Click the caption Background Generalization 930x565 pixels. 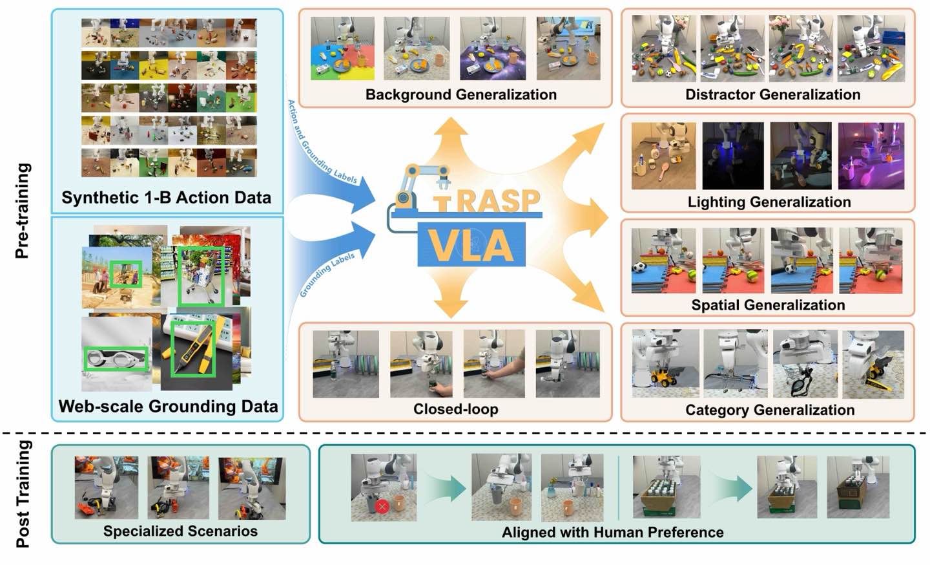point(460,94)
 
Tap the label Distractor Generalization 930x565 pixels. point(772,94)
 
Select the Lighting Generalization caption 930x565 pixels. point(769,202)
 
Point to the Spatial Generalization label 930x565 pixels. point(768,304)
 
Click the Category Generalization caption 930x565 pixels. point(770,410)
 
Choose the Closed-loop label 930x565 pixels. point(455,409)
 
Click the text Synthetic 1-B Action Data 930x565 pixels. point(166,197)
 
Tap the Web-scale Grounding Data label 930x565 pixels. point(168,406)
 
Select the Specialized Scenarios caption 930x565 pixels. point(180,531)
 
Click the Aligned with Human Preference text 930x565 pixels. point(612,532)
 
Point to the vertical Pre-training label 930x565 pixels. point(23,211)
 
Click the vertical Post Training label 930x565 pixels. point(23,493)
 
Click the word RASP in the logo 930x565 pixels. point(498,201)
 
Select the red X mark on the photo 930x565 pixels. point(382,506)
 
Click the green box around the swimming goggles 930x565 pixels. point(116,359)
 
